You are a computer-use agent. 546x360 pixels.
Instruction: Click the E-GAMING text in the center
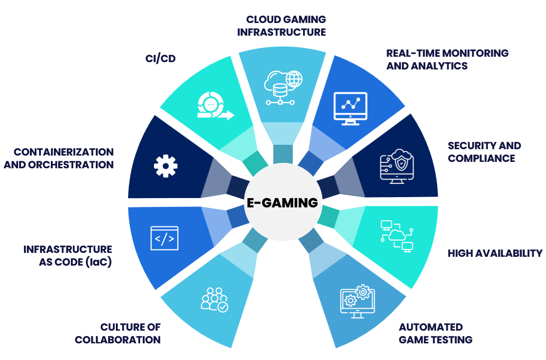283,203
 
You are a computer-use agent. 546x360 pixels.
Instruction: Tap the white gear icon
165,166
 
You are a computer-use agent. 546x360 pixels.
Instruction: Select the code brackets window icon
164,238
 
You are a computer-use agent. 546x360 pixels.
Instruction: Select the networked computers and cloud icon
396,236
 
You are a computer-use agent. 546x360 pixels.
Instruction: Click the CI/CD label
160,59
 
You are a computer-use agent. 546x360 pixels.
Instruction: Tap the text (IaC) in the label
98,262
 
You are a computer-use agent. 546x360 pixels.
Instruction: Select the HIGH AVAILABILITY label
495,253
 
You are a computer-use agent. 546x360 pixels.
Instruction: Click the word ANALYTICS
427,66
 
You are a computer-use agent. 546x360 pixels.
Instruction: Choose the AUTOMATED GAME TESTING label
435,333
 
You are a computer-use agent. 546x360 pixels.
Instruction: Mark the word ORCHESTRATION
72,165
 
